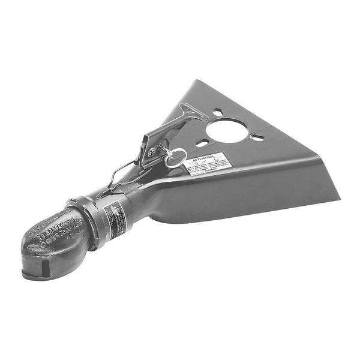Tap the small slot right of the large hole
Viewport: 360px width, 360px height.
[257, 137]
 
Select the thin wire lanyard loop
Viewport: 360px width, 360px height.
[123, 174]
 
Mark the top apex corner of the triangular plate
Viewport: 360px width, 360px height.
[195, 82]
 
